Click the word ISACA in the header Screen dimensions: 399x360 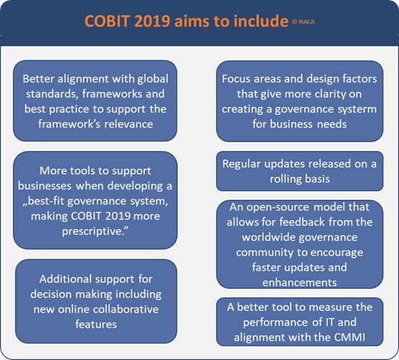(306, 22)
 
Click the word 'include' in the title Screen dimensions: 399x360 (260, 21)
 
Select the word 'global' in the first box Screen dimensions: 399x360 (153, 79)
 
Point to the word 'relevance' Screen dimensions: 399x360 (129, 124)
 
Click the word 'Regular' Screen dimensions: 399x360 (242, 164)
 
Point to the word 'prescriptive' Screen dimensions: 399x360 (96, 231)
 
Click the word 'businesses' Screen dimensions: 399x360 (44, 186)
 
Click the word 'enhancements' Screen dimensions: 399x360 (300, 283)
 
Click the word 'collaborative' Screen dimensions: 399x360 (122, 310)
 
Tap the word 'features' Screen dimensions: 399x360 (96, 324)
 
